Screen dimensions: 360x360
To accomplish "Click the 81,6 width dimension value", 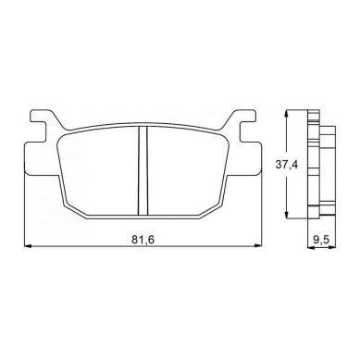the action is coord(143,240).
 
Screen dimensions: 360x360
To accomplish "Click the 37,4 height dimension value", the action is coord(287,165).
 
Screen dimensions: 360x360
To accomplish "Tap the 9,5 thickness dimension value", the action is coord(322,240).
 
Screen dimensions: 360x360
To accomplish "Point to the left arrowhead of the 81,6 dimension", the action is coord(28,246).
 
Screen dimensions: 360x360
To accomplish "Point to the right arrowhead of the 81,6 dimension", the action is coord(257,246).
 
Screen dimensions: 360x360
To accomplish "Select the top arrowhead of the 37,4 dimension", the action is coord(287,114).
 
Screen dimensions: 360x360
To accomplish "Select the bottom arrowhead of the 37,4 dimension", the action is coord(287,215).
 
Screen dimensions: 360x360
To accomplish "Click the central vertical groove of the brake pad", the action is coord(143,170).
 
